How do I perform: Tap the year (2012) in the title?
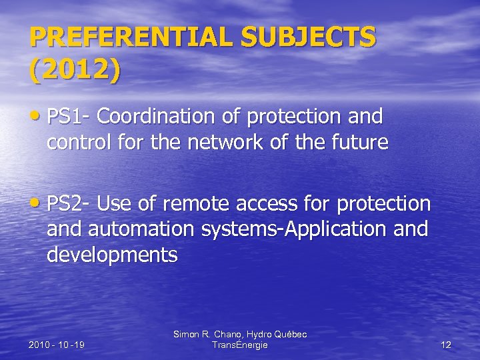(75, 69)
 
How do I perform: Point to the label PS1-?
(69, 117)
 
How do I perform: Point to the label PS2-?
(69, 203)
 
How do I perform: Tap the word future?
(355, 143)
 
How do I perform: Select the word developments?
(111, 255)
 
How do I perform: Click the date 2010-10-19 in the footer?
(56, 345)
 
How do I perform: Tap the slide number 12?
(446, 345)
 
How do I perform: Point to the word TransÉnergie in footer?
(239, 345)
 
